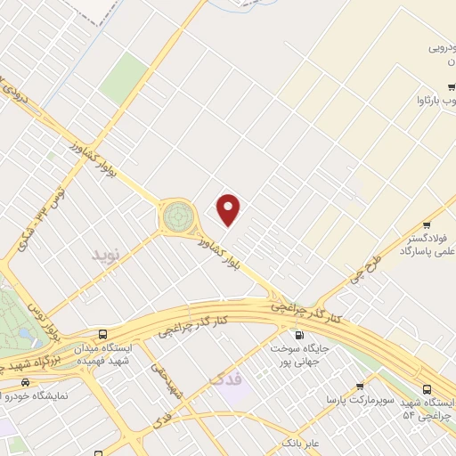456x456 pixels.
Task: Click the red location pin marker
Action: pyautogui.click(x=230, y=209)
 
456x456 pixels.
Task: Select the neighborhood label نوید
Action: pyautogui.click(x=104, y=255)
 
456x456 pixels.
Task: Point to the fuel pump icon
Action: pyautogui.click(x=297, y=335)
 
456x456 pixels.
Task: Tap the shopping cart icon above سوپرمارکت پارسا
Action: pyautogui.click(x=359, y=387)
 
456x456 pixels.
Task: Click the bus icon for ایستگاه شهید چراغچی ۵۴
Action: pyautogui.click(x=427, y=388)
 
